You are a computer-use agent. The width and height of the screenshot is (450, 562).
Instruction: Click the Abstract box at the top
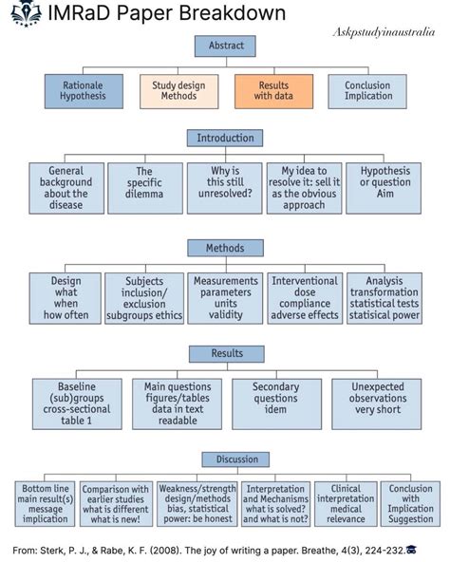(225, 46)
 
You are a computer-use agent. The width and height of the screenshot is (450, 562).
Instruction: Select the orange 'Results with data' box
(274, 91)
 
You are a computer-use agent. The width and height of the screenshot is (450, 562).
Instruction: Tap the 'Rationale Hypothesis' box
(84, 91)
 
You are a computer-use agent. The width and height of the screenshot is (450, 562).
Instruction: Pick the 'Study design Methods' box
(178, 91)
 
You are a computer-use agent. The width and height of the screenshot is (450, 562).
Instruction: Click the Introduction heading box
(225, 138)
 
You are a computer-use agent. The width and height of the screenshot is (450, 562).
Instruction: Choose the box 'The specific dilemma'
(145, 188)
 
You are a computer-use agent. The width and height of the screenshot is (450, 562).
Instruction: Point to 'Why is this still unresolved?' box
(225, 188)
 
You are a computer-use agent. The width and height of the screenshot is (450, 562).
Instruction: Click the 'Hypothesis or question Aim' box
(384, 188)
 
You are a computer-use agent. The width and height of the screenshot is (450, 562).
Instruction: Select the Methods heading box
(226, 248)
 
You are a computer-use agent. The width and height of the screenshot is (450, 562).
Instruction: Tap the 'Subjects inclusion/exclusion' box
(144, 298)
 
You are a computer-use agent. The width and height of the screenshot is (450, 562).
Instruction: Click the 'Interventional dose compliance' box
(305, 298)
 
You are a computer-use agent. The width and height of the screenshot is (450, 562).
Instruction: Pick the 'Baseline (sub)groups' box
(77, 404)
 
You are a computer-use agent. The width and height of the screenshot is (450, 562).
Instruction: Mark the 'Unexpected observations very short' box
(377, 404)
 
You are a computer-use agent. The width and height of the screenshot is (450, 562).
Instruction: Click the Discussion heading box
(235, 459)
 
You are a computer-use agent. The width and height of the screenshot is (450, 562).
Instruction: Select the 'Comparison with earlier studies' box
(116, 503)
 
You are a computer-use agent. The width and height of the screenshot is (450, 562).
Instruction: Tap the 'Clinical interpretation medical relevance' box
(346, 503)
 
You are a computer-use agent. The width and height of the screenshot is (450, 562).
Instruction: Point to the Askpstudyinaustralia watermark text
(384, 32)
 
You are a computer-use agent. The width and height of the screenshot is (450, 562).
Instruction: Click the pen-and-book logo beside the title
(25, 13)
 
